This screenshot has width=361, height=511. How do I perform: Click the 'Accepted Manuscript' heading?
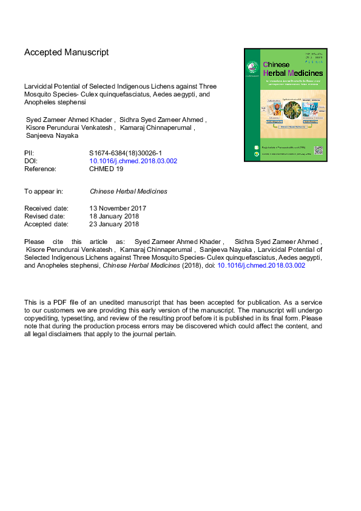click(x=66, y=52)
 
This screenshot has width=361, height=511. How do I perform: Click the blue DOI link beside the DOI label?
click(x=133, y=161)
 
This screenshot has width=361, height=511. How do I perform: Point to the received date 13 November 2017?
click(x=118, y=208)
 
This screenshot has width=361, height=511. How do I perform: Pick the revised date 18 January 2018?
click(x=114, y=215)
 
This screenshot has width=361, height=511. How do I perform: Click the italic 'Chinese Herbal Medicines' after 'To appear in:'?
click(x=128, y=191)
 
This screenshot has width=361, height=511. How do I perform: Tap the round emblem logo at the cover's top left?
click(x=253, y=67)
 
